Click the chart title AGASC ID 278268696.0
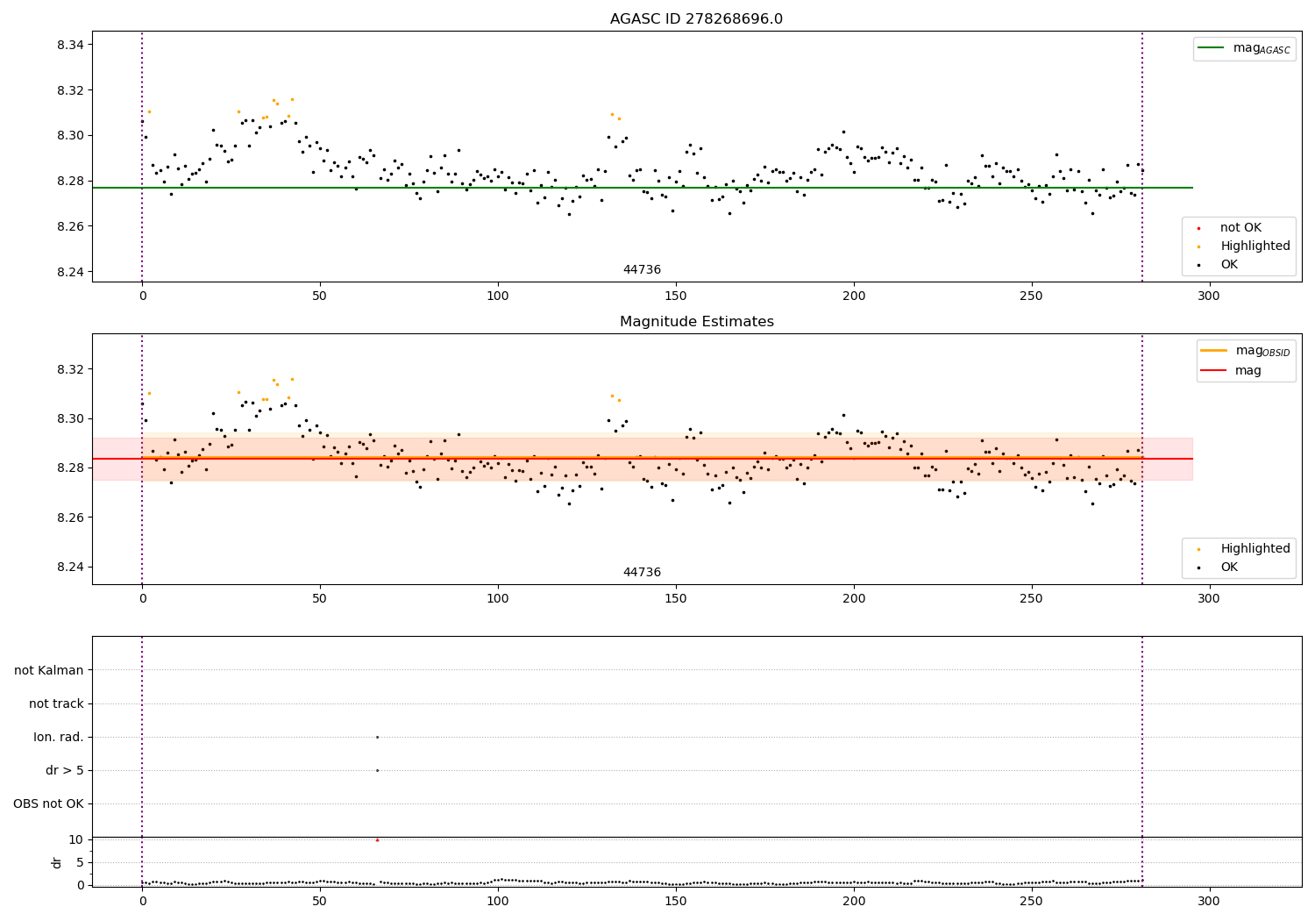pyautogui.click(x=696, y=19)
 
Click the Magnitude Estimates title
pyautogui.click(x=696, y=322)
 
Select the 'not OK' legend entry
pyautogui.click(x=1240, y=228)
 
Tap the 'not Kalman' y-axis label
pyautogui.click(x=49, y=670)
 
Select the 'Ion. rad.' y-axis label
pyautogui.click(x=59, y=737)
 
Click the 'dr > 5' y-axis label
pyautogui.click(x=65, y=770)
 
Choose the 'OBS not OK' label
pyautogui.click(x=49, y=803)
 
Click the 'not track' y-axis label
pyautogui.click(x=56, y=703)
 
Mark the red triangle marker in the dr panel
pyautogui.click(x=377, y=839)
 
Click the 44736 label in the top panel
pyautogui.click(x=642, y=270)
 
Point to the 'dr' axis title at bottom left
pyautogui.click(x=57, y=862)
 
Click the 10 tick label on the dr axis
pyautogui.click(x=75, y=839)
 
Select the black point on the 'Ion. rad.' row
pyautogui.click(x=377, y=737)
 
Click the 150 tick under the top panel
pyautogui.click(x=675, y=296)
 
